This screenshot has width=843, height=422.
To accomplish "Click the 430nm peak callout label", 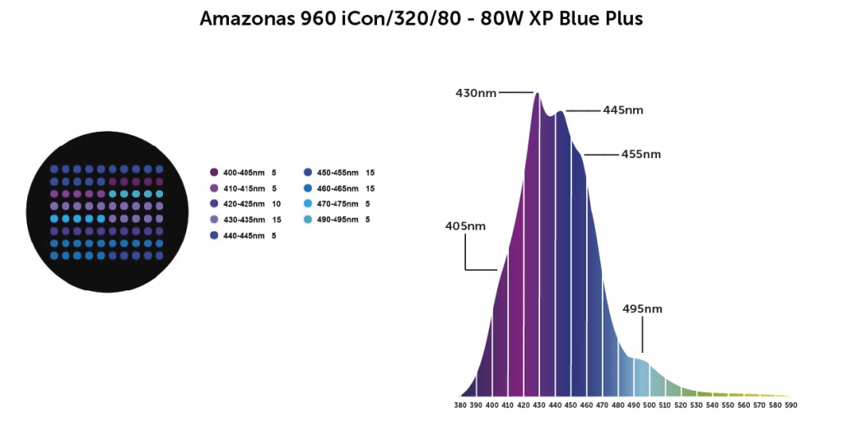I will (x=476, y=93).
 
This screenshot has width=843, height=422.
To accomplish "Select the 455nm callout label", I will (x=640, y=154).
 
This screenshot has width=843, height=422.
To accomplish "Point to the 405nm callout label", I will (x=465, y=225).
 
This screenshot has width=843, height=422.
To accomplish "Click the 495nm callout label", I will (x=642, y=309).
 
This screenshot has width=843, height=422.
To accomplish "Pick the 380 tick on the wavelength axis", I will (x=463, y=405).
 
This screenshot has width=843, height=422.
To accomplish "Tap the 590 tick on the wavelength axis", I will (x=791, y=405).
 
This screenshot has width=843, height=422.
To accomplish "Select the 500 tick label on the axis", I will (x=650, y=405).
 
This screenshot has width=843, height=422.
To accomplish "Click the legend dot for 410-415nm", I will (x=214, y=188).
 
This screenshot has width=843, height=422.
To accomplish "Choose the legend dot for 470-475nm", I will (x=308, y=204).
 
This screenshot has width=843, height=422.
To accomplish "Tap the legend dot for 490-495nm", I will (x=308, y=220).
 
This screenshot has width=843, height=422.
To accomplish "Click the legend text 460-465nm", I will (x=336, y=188).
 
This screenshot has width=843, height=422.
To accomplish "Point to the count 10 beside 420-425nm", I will (x=276, y=204).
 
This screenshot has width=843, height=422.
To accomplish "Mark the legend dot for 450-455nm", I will (x=308, y=173).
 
